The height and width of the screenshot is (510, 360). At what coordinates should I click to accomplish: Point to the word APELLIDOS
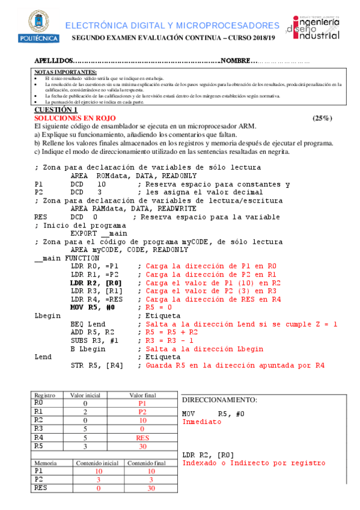point(53,61)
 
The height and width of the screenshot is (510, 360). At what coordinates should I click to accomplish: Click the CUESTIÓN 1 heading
point(55,110)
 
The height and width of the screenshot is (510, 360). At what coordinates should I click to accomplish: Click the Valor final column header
point(142,395)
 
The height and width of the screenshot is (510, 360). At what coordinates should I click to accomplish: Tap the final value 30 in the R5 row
point(142,446)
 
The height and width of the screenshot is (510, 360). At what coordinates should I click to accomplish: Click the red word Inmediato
point(201,422)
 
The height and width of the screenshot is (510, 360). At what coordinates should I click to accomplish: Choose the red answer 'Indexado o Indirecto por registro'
point(254,463)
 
